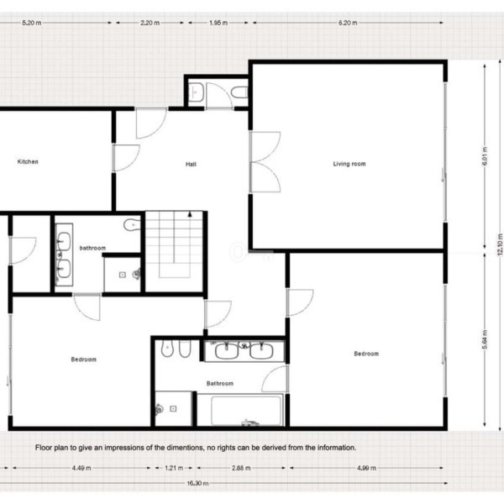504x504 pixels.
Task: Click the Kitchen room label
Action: pyautogui.click(x=28, y=161)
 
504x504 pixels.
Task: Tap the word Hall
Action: pyautogui.click(x=191, y=165)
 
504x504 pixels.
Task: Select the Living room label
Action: pyautogui.click(x=349, y=164)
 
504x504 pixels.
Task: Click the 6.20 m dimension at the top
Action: pyautogui.click(x=348, y=23)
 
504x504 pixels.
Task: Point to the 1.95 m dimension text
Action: pyautogui.click(x=218, y=23)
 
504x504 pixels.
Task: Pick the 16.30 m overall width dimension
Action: pyautogui.click(x=197, y=483)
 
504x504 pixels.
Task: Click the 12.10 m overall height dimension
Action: pyautogui.click(x=500, y=244)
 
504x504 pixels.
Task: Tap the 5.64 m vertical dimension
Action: pyautogui.click(x=485, y=339)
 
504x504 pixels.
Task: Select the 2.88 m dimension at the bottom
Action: pyautogui.click(x=241, y=468)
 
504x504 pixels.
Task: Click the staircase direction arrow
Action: pyautogui.click(x=190, y=213)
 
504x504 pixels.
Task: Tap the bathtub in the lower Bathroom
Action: pyautogui.click(x=246, y=411)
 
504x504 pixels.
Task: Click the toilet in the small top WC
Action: pyautogui.click(x=239, y=92)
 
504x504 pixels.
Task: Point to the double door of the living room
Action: pyautogui.click(x=265, y=162)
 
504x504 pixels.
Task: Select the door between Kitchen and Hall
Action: pyautogui.click(x=126, y=158)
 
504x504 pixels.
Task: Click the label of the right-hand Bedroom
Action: pyautogui.click(x=366, y=354)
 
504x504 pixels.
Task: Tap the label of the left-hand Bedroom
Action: pyautogui.click(x=83, y=360)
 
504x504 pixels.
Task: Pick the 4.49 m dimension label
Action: pyautogui.click(x=81, y=468)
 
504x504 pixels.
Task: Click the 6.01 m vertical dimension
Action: pyautogui.click(x=485, y=156)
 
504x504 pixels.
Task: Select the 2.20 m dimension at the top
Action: pyautogui.click(x=150, y=23)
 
